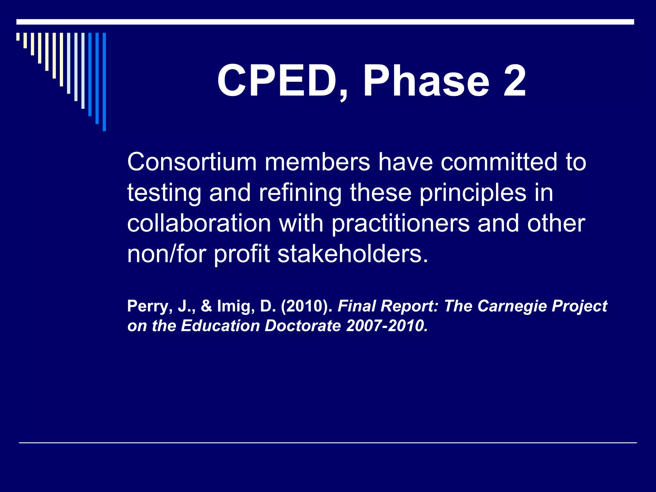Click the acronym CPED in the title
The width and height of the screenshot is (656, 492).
tap(277, 81)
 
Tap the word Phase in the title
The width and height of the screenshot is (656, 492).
tap(426, 81)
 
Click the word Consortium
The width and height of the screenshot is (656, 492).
tap(192, 162)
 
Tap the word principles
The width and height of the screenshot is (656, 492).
tap(473, 193)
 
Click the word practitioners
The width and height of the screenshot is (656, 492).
tap(400, 224)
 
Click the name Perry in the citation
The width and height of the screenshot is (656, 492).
tap(147, 306)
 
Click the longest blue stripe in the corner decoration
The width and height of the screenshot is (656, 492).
tap(104, 82)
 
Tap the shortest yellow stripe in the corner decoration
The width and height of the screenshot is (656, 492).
tap(18, 37)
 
